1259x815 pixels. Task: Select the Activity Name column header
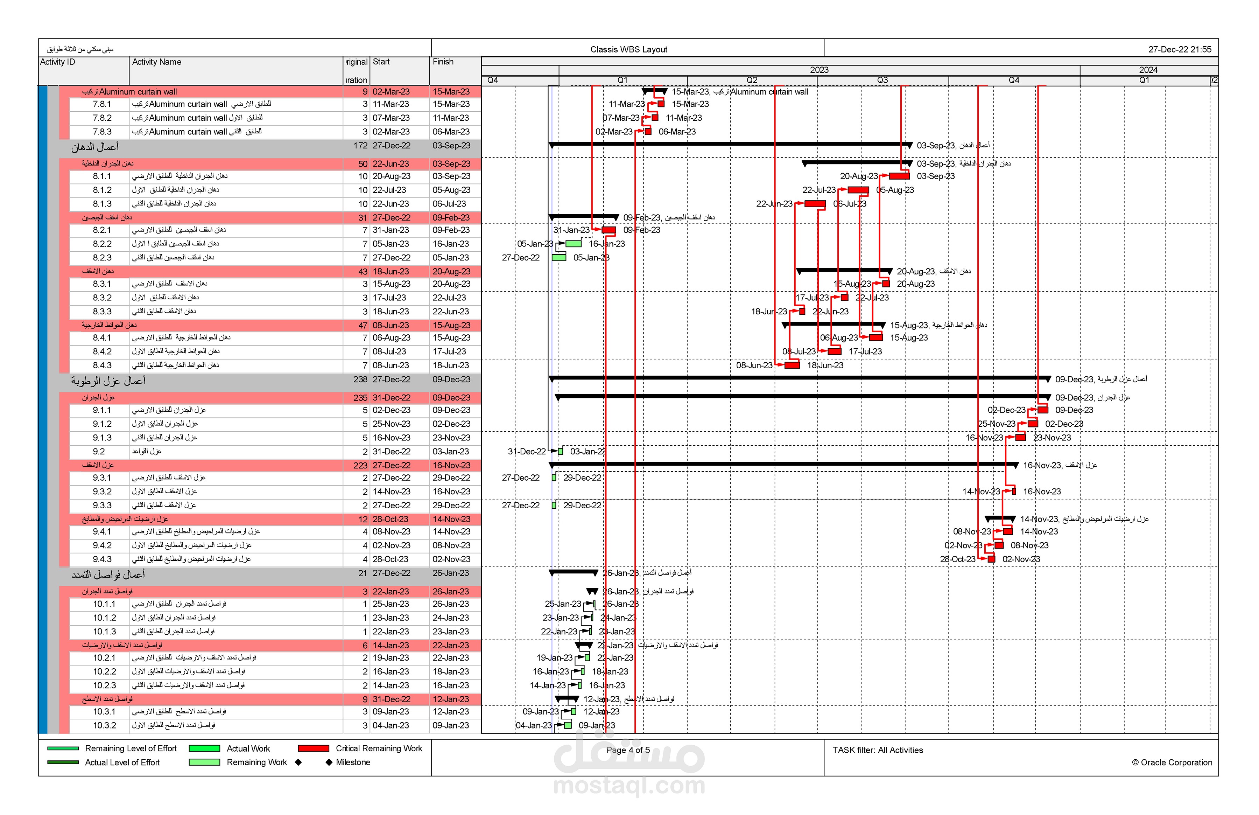tap(156, 62)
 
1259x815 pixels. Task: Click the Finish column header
tap(443, 62)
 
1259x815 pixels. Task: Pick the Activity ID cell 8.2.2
tap(102, 244)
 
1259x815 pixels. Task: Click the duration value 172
tap(360, 146)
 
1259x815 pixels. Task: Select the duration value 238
tap(360, 379)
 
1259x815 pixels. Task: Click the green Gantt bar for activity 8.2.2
tap(574, 244)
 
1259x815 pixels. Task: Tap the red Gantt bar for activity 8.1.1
tap(899, 176)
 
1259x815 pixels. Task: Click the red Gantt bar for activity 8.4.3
tap(792, 365)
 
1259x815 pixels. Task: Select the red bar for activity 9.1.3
tap(1020, 438)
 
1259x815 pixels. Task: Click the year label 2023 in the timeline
tap(819, 70)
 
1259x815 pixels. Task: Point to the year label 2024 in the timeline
tap(1148, 70)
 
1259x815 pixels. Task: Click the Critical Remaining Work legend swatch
tap(313, 748)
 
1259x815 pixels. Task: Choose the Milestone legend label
tap(353, 762)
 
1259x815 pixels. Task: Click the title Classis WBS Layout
tap(628, 49)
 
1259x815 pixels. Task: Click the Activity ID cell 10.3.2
tap(104, 726)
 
